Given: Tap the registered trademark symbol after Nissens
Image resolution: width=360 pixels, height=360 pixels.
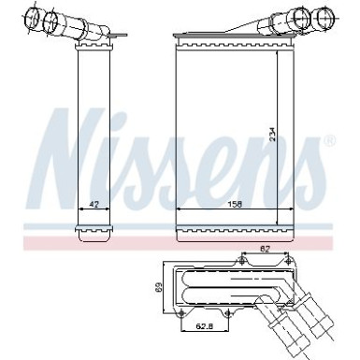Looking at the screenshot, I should [x=328, y=142].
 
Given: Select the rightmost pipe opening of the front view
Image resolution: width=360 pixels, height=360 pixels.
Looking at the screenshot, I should [x=324, y=16].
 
